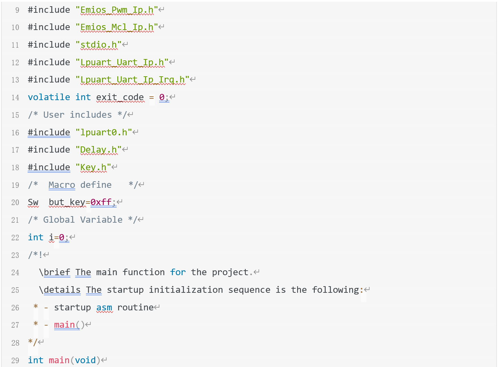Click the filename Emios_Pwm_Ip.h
point(117,10)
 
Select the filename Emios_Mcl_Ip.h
point(117,28)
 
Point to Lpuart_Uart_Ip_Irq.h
point(133,80)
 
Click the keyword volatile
point(49,97)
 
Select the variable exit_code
point(120,98)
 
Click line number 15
point(15,115)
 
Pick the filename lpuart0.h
point(104,133)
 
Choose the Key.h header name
point(93,167)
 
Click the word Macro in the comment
point(62,185)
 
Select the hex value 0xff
point(101,202)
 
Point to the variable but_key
point(67,203)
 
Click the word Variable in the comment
point(101,220)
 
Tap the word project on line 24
point(230,273)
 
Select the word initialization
point(186,290)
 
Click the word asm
point(104,308)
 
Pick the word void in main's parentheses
point(85,360)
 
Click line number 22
point(15,238)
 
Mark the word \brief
point(55,272)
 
